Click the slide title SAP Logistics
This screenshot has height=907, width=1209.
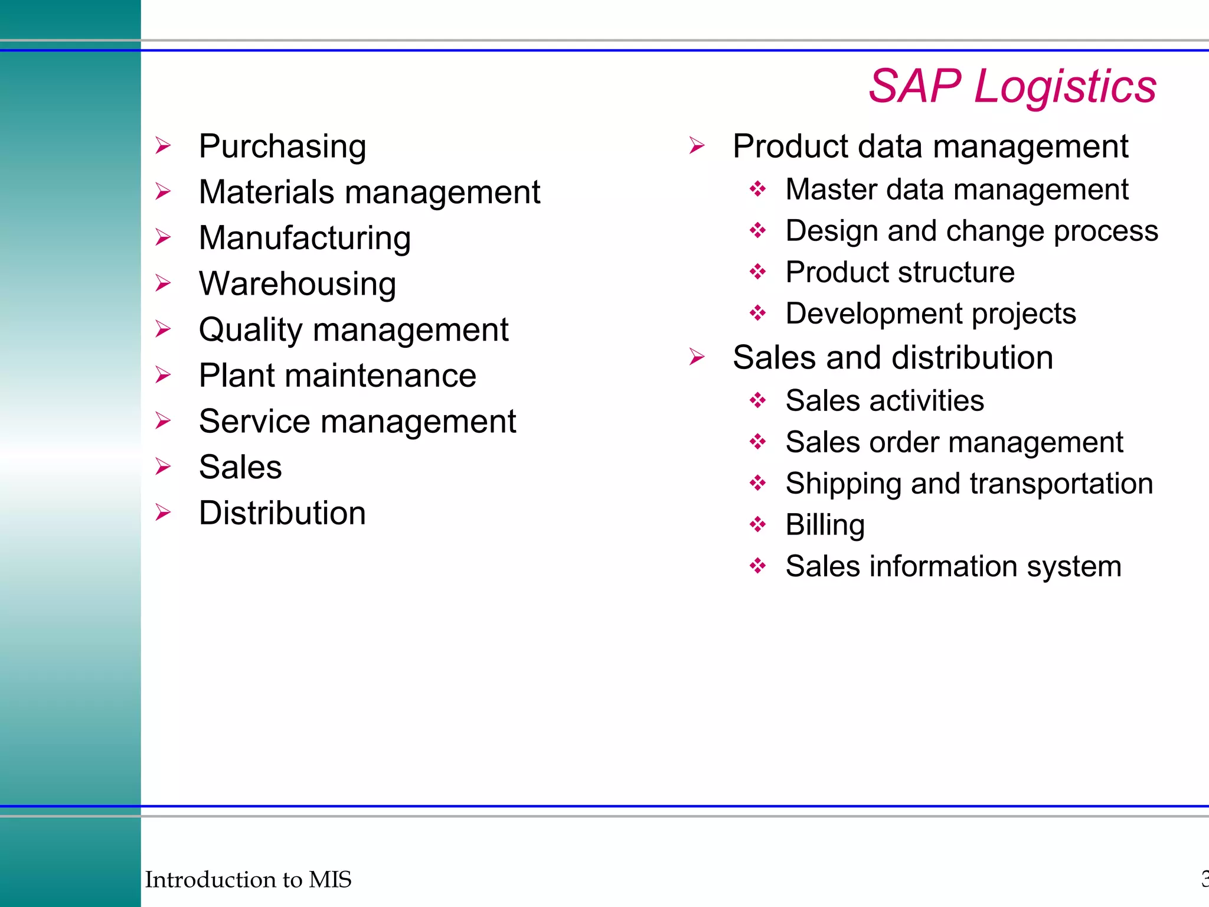point(1012,86)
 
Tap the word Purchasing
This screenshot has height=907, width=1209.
point(282,146)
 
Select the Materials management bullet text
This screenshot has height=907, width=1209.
point(369,193)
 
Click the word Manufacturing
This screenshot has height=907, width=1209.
point(305,238)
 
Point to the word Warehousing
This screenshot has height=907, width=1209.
point(297,284)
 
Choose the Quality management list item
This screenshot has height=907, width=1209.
point(353,329)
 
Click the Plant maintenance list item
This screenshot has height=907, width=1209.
point(337,376)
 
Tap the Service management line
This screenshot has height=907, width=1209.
point(357,422)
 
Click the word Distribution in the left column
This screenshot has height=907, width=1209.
point(282,513)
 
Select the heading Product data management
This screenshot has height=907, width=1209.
point(930,146)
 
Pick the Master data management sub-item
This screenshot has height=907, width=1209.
point(956,190)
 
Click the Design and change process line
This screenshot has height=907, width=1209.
point(971,231)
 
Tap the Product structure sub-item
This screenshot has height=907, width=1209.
point(900,272)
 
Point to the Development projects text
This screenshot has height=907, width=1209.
point(930,314)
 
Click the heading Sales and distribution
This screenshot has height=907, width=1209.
point(893,358)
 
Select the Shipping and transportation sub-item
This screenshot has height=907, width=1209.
point(969,484)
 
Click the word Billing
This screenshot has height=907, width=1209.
point(825,525)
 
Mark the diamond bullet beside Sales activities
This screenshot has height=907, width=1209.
point(757,401)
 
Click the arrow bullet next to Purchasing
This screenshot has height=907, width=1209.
point(164,146)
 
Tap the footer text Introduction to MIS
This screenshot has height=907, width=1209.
point(248,879)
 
